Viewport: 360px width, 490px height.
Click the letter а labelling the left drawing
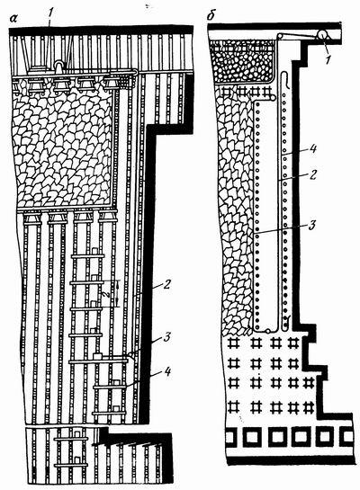13,19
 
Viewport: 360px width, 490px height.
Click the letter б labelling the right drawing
211,16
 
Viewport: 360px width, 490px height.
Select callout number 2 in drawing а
166,284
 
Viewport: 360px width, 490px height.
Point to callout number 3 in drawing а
166,337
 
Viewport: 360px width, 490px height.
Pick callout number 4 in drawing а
167,372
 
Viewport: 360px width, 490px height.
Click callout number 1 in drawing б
328,59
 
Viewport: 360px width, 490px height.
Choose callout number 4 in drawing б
312,147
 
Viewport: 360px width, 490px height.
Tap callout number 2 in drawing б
312,174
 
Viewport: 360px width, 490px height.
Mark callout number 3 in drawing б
311,226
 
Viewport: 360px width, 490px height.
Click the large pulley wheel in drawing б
322,34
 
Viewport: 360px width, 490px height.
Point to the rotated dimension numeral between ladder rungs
107,294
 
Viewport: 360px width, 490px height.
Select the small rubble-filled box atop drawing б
242,61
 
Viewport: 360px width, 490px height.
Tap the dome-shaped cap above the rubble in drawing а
58,64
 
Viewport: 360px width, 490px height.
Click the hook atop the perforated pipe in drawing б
284,80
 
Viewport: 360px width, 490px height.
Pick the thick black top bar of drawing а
101,31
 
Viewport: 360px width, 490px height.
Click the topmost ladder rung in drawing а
87,256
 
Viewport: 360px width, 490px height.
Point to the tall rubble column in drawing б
236,212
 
